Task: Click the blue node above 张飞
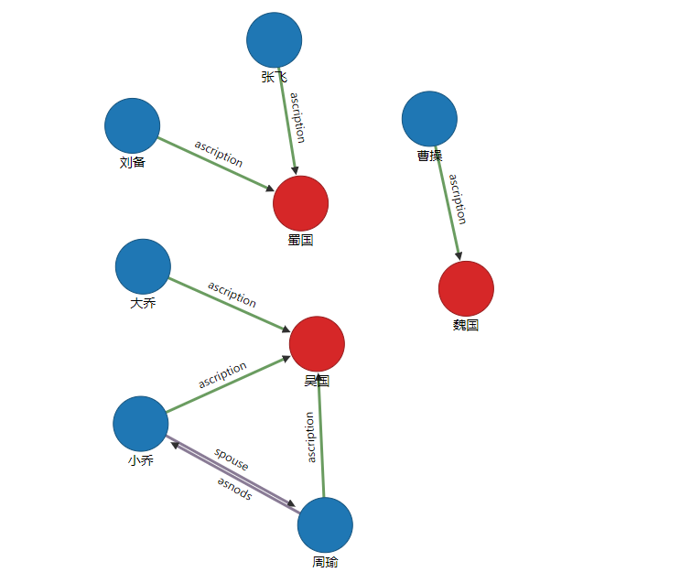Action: pos(275,40)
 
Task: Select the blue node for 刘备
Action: pos(133,125)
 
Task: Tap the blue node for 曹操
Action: pos(429,119)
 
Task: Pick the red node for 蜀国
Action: pos(300,203)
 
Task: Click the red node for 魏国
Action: pos(466,288)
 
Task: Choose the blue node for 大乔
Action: pos(143,266)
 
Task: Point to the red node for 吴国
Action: pos(317,344)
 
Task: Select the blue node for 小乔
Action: pos(141,424)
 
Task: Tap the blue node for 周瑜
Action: pos(325,525)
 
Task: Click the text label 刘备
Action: pos(133,163)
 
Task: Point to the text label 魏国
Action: pos(466,325)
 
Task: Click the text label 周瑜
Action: pos(325,562)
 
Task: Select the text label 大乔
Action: pos(143,303)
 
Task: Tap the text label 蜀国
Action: pos(300,240)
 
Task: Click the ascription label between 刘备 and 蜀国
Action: pos(219,153)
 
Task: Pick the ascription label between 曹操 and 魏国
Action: pos(458,199)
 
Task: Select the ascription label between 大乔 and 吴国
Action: pos(232,294)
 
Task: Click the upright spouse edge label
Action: pos(232,459)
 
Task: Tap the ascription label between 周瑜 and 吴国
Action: pos(310,437)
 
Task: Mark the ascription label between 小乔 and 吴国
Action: pos(222,375)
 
